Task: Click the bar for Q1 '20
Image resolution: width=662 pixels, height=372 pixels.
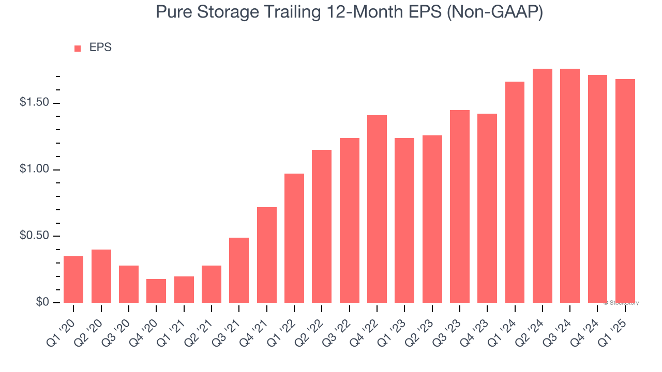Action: coord(73,279)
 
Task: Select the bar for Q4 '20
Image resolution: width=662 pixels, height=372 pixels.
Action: coord(156,290)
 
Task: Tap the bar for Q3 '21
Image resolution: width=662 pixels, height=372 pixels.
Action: coord(239,270)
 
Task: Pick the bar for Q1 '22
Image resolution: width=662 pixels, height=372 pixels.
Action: coord(294,238)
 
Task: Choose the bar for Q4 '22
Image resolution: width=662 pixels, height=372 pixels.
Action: coord(377,209)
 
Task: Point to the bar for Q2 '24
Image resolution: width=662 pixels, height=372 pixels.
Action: coord(543,185)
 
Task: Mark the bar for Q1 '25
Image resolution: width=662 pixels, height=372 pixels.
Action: coord(625,191)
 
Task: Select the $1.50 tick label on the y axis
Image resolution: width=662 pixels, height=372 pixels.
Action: coord(35,103)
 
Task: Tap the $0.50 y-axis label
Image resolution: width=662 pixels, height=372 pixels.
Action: coord(35,236)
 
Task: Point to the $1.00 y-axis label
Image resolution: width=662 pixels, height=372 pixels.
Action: coord(35,169)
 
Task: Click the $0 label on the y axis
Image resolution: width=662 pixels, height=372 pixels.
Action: coord(42,302)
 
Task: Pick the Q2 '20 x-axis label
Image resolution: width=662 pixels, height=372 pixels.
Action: coord(93,325)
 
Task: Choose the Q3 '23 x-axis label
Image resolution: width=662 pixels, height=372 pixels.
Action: coord(452,325)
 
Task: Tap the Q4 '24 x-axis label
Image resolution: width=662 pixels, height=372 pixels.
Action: coord(590,325)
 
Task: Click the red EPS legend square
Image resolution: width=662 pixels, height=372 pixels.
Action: coord(78,49)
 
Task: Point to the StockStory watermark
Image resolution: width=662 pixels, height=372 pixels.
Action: coord(621,303)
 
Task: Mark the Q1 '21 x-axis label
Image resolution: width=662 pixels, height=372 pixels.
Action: coord(176,325)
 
